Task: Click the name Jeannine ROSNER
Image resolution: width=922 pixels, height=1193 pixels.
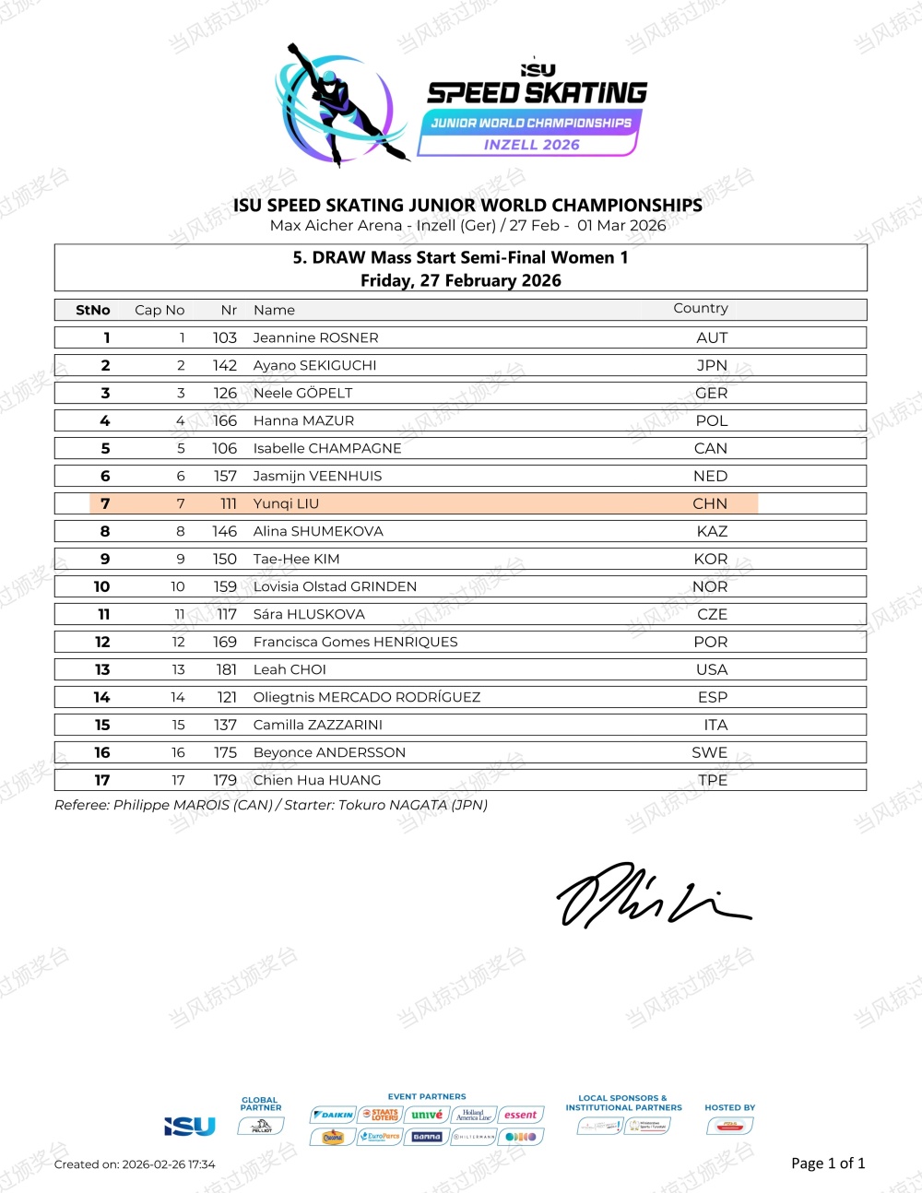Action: coord(315,337)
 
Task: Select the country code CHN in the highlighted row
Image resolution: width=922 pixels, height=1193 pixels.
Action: coord(710,503)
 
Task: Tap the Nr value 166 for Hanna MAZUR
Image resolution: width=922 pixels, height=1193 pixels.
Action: coord(225,420)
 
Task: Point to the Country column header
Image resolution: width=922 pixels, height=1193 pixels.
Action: coord(701,309)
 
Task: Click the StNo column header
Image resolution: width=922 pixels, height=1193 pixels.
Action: coord(93,310)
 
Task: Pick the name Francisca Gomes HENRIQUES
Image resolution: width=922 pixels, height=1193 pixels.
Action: coord(355,642)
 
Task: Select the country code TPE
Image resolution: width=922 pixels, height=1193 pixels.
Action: coord(713,780)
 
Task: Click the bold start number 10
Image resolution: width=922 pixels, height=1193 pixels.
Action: coord(101,586)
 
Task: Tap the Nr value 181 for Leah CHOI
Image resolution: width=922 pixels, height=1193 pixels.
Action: coord(226,669)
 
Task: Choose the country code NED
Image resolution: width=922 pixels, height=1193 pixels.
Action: coord(710,476)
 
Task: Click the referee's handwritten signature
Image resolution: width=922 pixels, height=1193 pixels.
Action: coord(650,895)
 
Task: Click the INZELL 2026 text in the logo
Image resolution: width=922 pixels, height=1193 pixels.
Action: coord(531,145)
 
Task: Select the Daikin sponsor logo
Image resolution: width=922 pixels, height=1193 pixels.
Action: coord(333,1115)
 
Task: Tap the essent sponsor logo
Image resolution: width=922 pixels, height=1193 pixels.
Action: coord(520,1115)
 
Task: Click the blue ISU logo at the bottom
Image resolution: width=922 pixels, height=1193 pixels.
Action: coord(189,1126)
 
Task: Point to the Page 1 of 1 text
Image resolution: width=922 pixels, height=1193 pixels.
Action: coord(828,1163)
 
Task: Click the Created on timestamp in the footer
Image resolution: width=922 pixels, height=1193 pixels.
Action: coord(135,1164)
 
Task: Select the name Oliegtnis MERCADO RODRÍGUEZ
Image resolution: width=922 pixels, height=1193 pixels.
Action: coord(367,697)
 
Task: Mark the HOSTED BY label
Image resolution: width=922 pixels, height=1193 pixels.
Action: coord(729,1107)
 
